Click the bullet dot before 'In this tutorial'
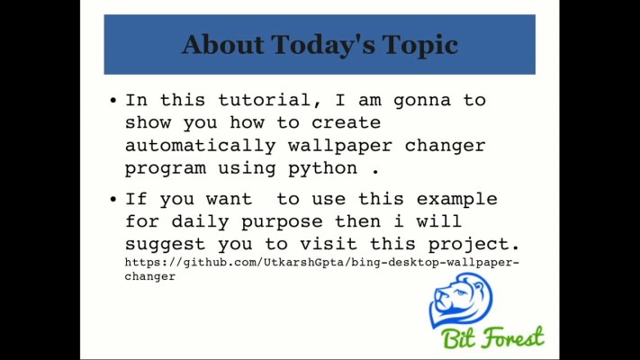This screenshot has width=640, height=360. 113,102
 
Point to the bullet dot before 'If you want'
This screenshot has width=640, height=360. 113,200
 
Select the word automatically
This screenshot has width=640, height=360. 190,145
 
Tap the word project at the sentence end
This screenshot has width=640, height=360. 480,244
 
